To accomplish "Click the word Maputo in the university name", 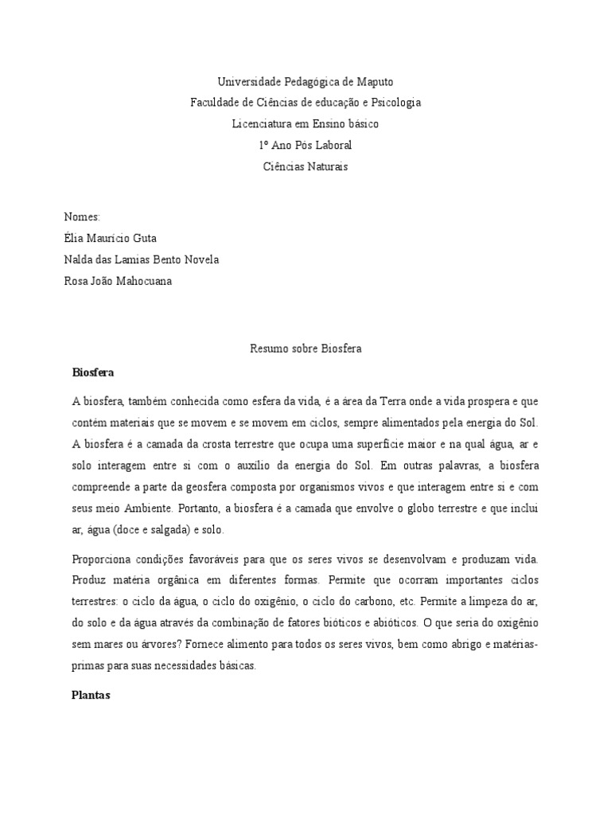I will [x=374, y=82].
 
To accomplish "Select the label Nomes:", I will [x=82, y=216].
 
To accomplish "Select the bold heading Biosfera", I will [x=94, y=372].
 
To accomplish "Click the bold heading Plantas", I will [x=91, y=695].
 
